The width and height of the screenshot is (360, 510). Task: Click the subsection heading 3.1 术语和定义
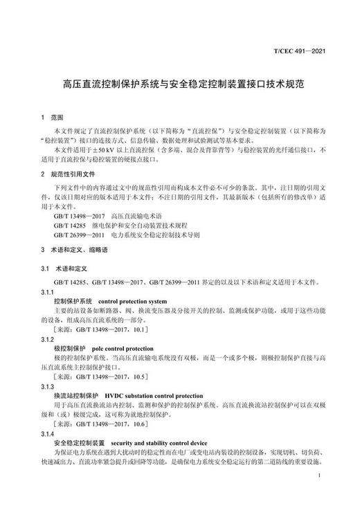66,266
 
